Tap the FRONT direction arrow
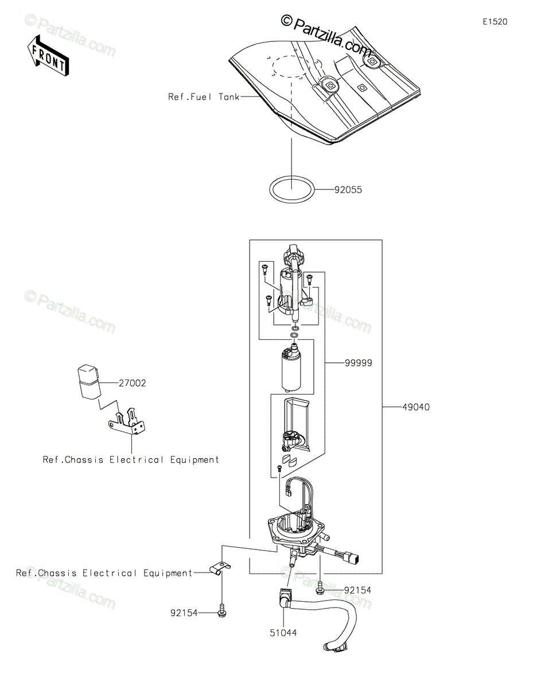coord(48,55)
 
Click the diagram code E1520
coord(494,22)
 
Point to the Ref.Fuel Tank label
coord(204,97)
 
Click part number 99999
coord(359,363)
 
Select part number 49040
coord(416,408)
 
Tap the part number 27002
coord(133,383)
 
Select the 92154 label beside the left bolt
coord(184,613)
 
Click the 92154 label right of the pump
coord(357,590)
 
